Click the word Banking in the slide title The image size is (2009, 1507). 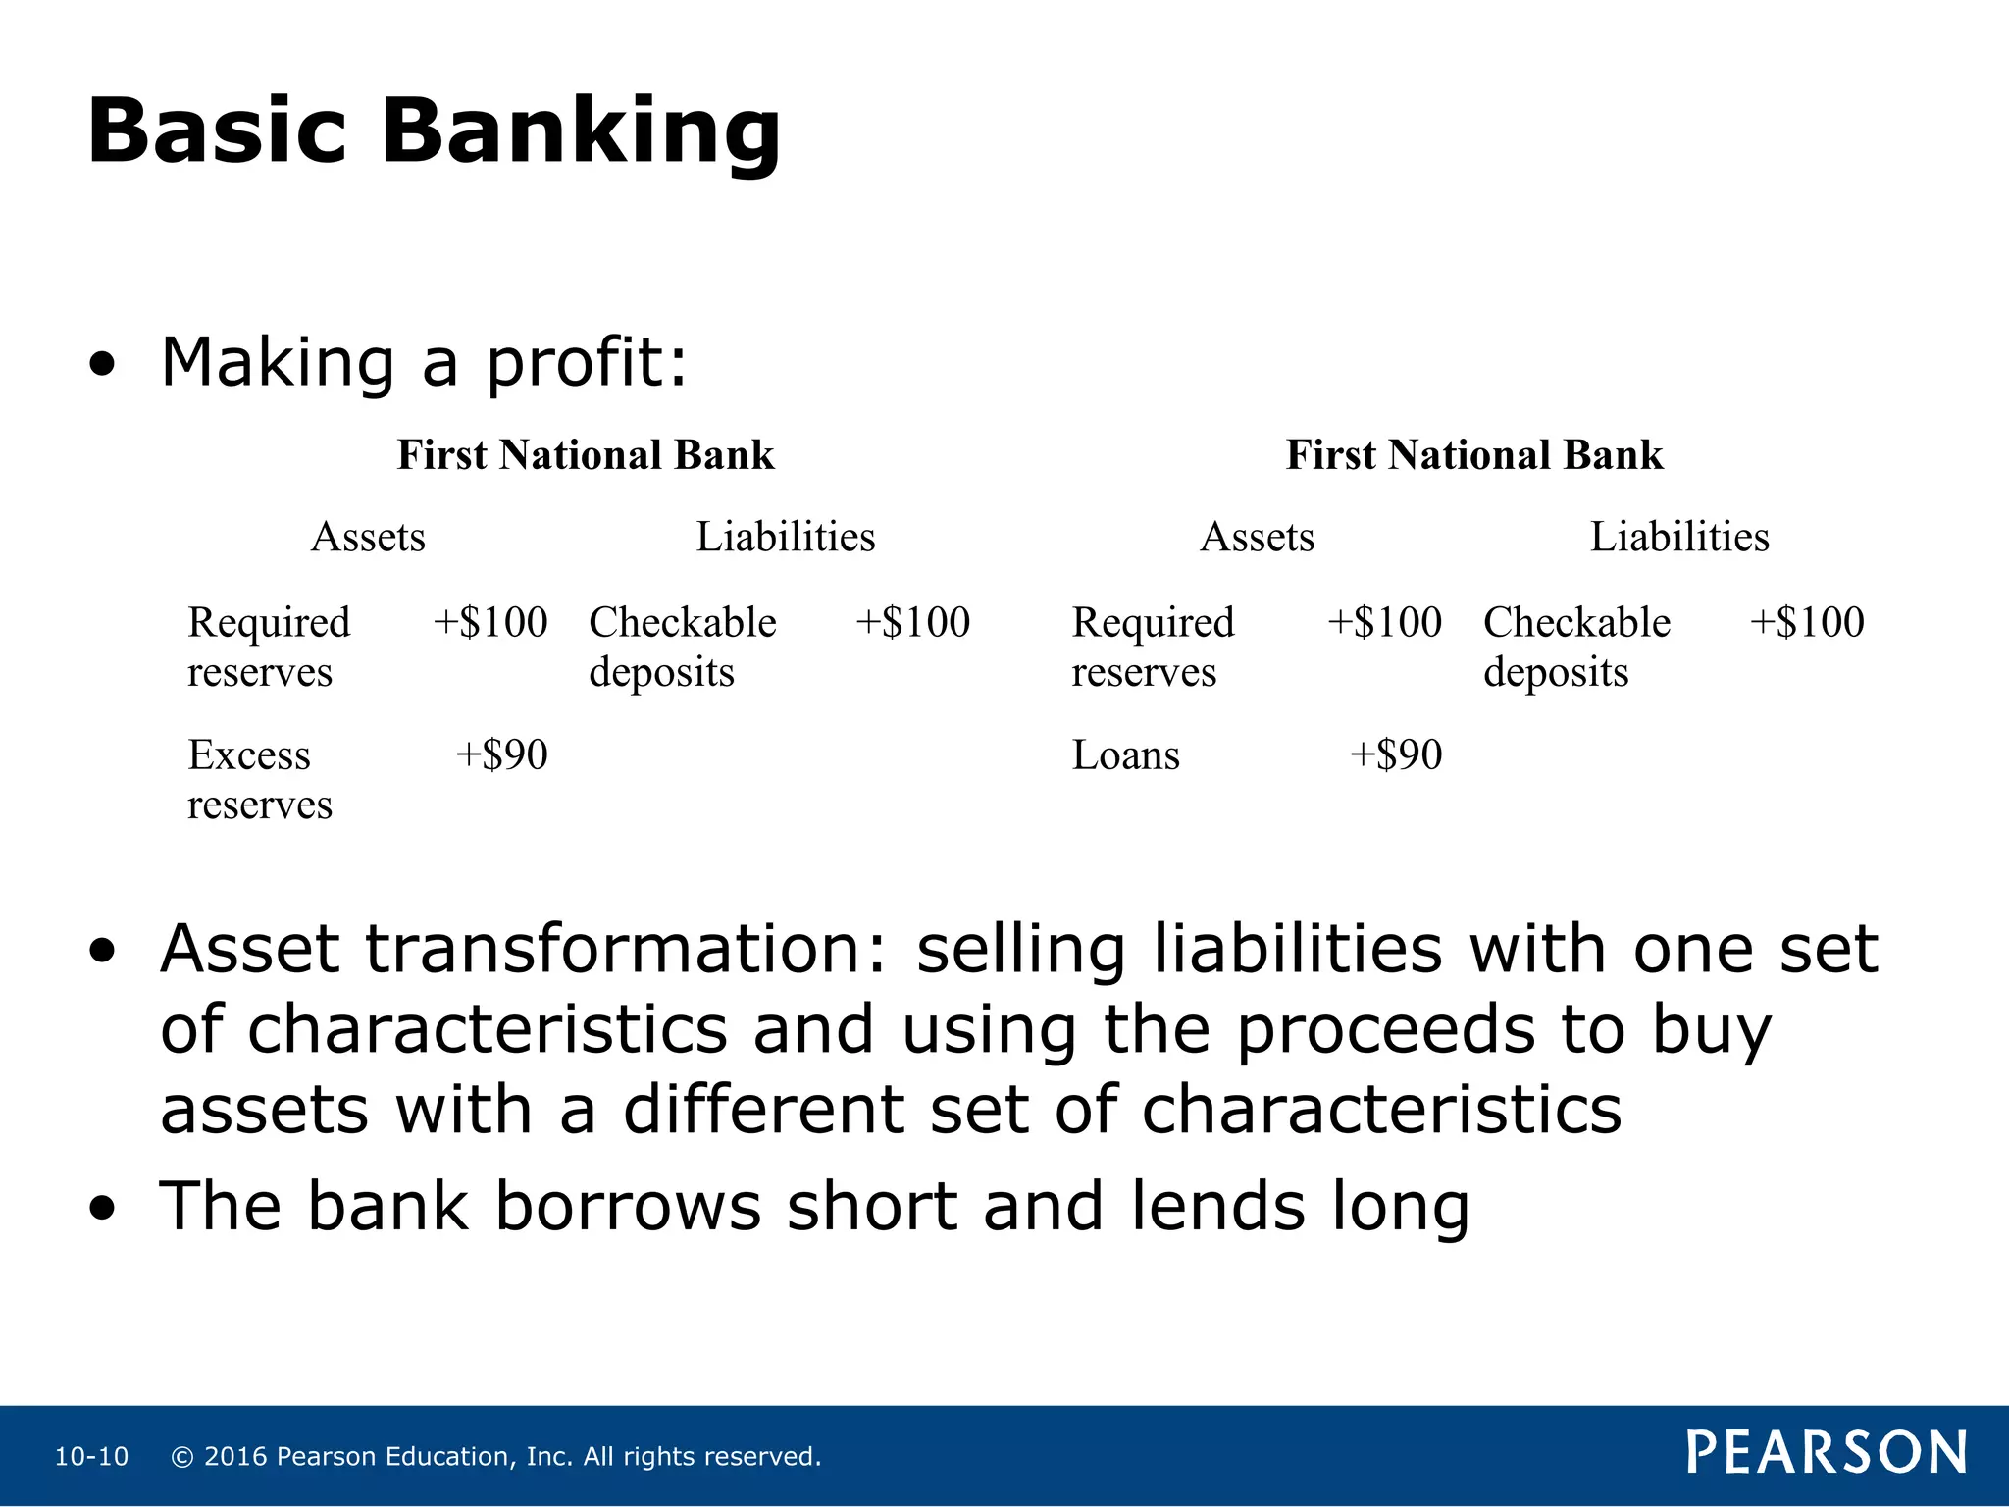click(x=581, y=132)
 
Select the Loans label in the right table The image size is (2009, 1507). click(x=1126, y=755)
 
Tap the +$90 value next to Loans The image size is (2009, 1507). click(x=1396, y=755)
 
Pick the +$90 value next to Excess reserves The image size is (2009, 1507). click(x=501, y=755)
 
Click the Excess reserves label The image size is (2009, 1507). click(x=260, y=779)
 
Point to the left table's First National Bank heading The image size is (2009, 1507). click(x=586, y=455)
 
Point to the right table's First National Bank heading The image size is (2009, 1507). click(x=1474, y=455)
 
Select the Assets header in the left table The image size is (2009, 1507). click(x=368, y=537)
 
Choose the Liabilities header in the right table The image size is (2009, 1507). click(x=1679, y=537)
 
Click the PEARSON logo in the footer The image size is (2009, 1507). click(x=1827, y=1453)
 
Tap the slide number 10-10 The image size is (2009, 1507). click(x=91, y=1457)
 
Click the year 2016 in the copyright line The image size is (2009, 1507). click(x=235, y=1457)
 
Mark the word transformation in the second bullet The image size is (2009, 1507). click(x=625, y=949)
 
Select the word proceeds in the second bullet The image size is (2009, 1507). click(x=1385, y=1030)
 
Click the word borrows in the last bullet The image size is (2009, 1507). click(x=628, y=1206)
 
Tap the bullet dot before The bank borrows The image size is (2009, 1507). click(x=101, y=1209)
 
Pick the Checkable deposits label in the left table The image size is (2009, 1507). click(x=682, y=647)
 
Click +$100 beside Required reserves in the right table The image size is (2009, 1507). click(x=1384, y=623)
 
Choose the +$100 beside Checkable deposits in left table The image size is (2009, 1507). click(x=912, y=623)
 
